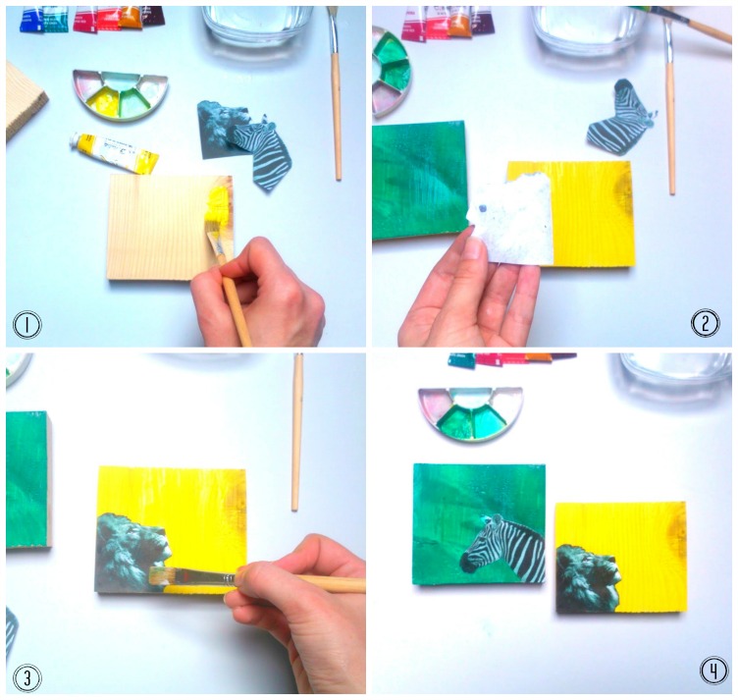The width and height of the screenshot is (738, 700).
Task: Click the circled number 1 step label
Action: pyautogui.click(x=26, y=325)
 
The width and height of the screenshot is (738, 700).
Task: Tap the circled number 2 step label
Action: pyautogui.click(x=705, y=323)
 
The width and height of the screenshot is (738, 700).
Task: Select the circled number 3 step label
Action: pyautogui.click(x=26, y=677)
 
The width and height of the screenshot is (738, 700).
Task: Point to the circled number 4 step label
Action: pyautogui.click(x=713, y=671)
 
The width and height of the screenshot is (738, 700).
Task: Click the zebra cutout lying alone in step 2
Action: pyautogui.click(x=619, y=117)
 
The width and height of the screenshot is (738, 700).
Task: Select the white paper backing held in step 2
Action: pyautogui.click(x=510, y=219)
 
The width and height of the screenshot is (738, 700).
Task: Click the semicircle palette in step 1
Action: pyautogui.click(x=120, y=94)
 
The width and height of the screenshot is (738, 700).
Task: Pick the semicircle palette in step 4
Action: pyautogui.click(x=470, y=413)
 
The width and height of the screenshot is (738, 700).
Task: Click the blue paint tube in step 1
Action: pyautogui.click(x=31, y=20)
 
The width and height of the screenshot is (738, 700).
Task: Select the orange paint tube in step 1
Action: pyautogui.click(x=130, y=17)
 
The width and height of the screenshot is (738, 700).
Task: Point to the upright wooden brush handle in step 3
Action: pyautogui.click(x=296, y=432)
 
